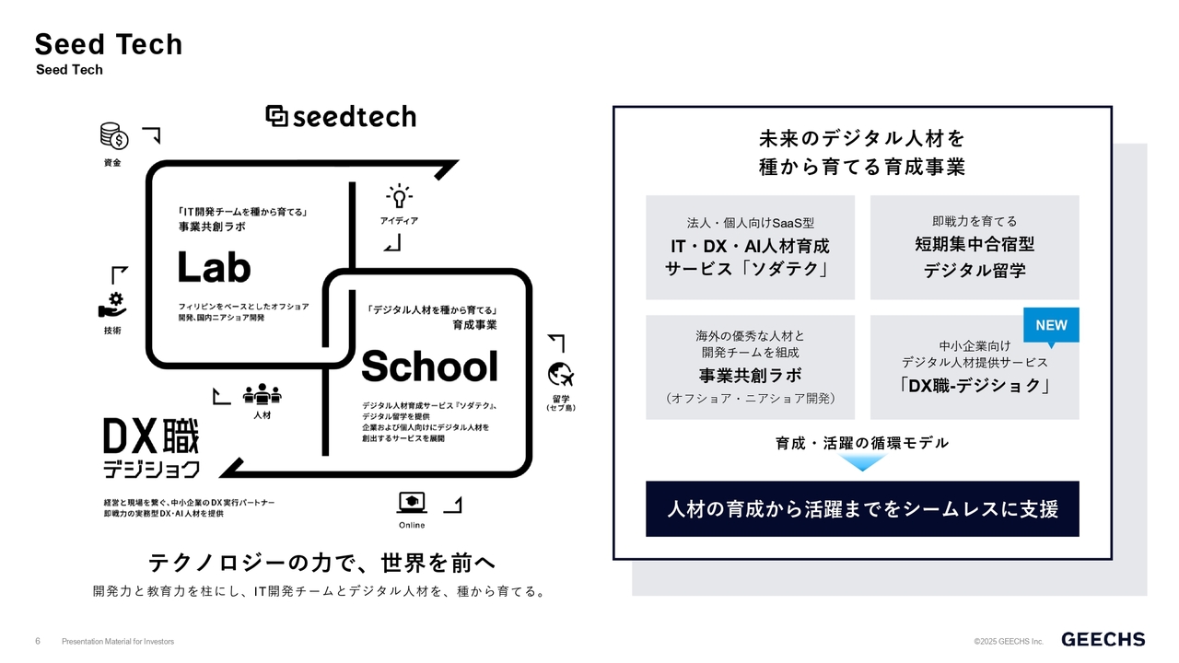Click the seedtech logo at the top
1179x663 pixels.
click(x=341, y=116)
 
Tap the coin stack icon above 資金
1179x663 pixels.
click(x=114, y=136)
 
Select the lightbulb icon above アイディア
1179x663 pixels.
click(x=399, y=197)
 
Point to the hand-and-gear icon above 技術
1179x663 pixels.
click(x=112, y=305)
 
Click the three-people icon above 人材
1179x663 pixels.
click(x=263, y=394)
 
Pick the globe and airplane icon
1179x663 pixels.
click(x=561, y=375)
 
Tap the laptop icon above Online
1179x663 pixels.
click(x=412, y=503)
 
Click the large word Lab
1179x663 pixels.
click(x=214, y=267)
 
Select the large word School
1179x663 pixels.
click(x=429, y=366)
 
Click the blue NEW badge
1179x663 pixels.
click(x=1051, y=326)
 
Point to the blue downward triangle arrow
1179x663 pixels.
click(x=862, y=462)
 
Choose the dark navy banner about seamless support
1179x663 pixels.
click(x=862, y=509)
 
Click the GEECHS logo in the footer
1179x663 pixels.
click(x=1103, y=639)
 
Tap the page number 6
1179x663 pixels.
click(x=38, y=641)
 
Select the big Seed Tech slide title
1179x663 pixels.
click(x=109, y=44)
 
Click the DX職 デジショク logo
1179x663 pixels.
click(x=152, y=448)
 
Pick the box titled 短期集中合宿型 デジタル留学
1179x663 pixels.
click(x=975, y=248)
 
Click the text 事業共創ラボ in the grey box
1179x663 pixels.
click(x=750, y=375)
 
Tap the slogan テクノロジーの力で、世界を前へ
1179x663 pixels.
click(x=322, y=563)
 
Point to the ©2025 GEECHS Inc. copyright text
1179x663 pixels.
click(x=1009, y=642)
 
